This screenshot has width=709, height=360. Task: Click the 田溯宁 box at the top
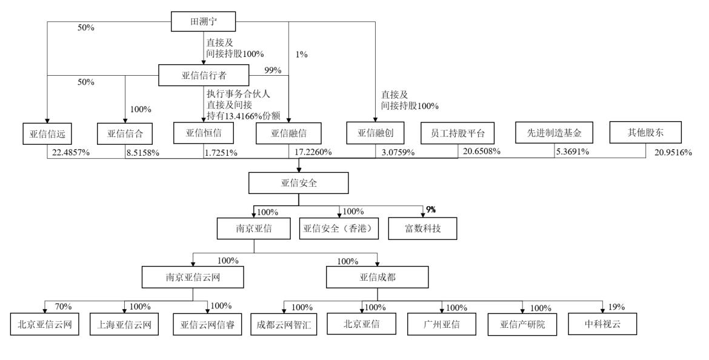203,22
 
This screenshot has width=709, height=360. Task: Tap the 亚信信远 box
47,133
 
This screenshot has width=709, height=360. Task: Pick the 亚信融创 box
375,133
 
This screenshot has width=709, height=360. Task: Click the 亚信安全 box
299,182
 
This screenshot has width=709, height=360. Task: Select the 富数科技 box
423,229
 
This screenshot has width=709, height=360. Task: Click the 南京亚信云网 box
193,277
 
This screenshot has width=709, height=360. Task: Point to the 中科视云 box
603,325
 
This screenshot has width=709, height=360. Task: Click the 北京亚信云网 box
45,325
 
